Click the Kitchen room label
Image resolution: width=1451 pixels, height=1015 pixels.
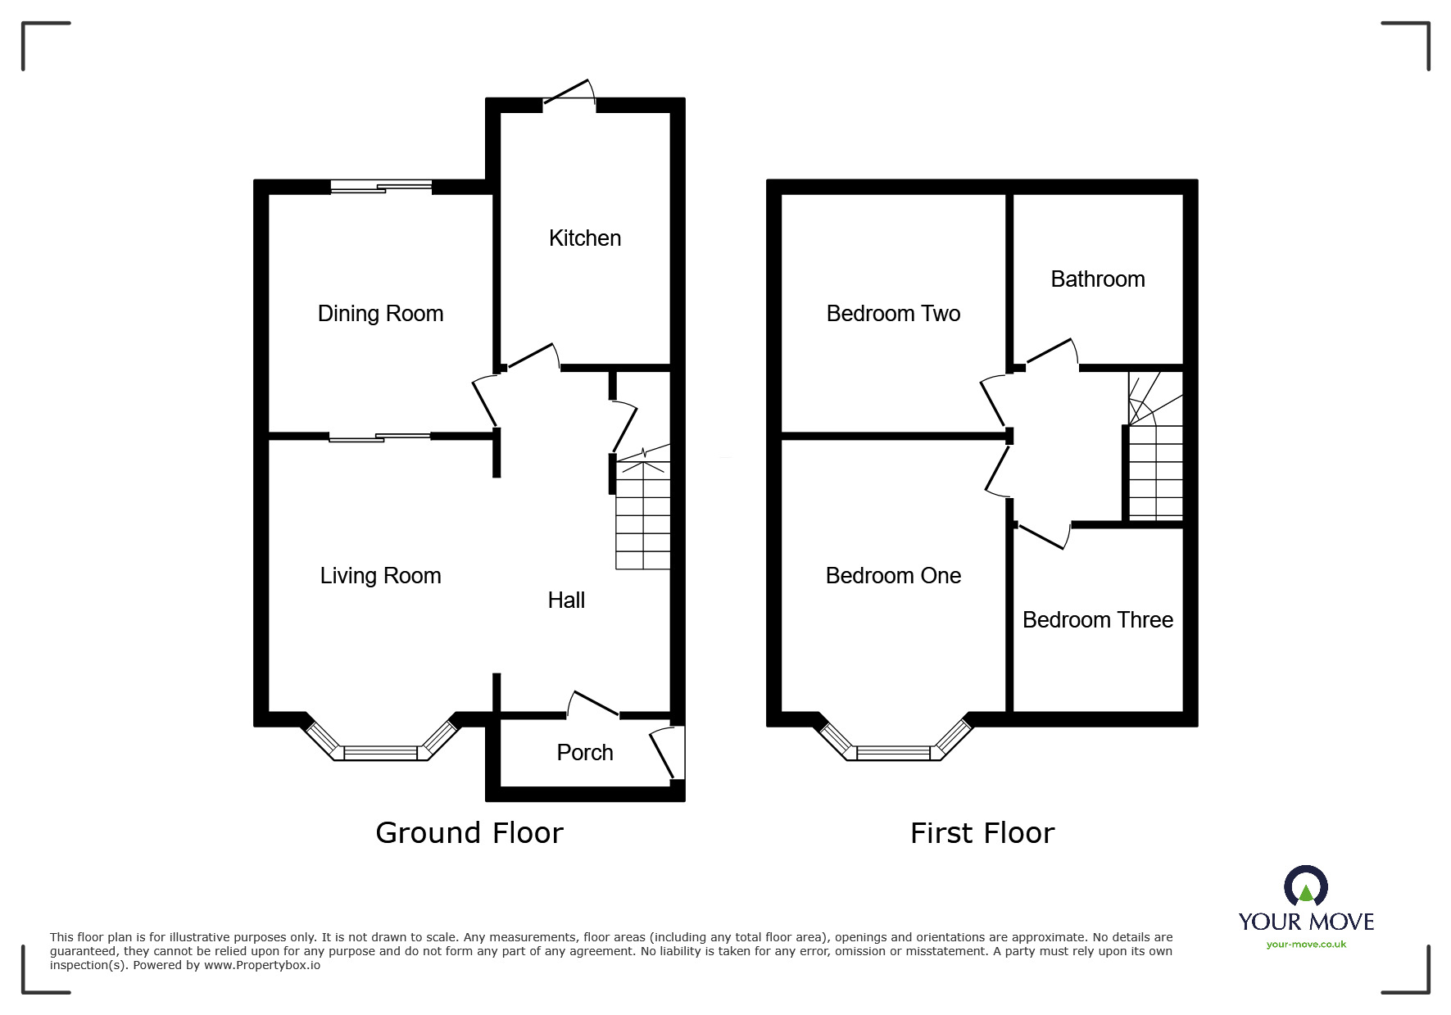584,238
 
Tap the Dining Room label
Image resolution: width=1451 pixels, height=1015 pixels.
380,314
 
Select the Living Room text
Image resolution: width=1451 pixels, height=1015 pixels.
380,576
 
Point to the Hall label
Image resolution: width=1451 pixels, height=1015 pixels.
566,600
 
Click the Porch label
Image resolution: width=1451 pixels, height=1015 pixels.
584,753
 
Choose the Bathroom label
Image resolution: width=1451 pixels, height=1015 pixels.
1097,279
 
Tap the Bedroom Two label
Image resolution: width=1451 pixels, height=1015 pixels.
893,314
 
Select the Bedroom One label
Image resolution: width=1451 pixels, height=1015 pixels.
893,576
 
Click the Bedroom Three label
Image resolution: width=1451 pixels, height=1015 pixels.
1097,620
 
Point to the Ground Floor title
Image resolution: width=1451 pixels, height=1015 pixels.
469,833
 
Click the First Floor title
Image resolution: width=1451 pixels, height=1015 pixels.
982,833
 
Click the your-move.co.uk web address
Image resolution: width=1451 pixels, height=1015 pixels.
1306,945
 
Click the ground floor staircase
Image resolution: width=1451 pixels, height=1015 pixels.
643,514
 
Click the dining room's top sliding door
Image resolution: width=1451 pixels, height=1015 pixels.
381,187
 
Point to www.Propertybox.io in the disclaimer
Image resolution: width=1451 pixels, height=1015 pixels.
262,965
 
